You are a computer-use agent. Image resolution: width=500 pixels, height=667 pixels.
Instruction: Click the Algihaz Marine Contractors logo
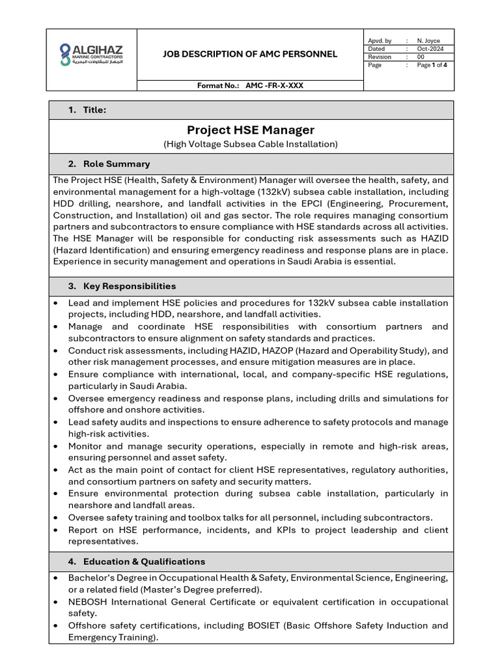(x=90, y=55)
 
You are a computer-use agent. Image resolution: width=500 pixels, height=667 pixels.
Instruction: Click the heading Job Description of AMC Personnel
(x=250, y=54)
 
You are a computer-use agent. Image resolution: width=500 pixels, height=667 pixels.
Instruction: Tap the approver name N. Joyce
(x=428, y=40)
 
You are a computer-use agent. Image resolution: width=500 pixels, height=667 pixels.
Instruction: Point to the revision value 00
(x=421, y=57)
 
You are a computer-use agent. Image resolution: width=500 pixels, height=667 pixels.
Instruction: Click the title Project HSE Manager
(x=251, y=130)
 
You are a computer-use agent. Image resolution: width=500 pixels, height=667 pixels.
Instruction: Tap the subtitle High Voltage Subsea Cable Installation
(x=251, y=143)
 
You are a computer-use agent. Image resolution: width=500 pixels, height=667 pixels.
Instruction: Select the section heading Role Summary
(x=116, y=163)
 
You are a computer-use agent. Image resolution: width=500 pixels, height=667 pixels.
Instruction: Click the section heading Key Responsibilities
(x=129, y=286)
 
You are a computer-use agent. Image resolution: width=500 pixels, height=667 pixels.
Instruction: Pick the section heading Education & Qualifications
(x=143, y=561)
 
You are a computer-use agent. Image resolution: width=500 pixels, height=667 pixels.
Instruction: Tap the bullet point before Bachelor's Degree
(x=57, y=578)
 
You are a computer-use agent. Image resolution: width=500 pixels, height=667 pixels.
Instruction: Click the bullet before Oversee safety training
(x=57, y=518)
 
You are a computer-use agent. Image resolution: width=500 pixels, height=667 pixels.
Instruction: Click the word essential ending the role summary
(x=372, y=262)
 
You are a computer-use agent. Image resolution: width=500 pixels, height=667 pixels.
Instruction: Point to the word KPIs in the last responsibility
(x=282, y=530)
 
